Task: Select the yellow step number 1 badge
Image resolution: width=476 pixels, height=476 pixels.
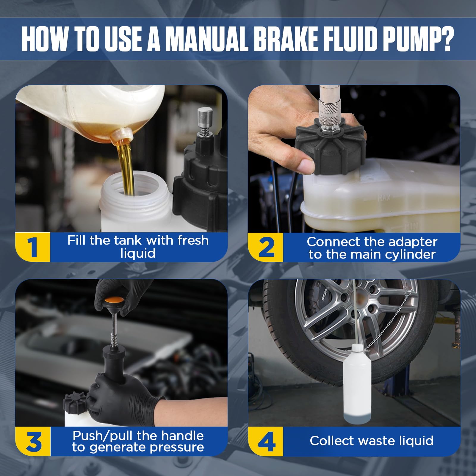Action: [x=33, y=247]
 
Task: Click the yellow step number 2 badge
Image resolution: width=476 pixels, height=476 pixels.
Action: [x=266, y=247]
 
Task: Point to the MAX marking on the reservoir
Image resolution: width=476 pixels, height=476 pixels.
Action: [x=384, y=198]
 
